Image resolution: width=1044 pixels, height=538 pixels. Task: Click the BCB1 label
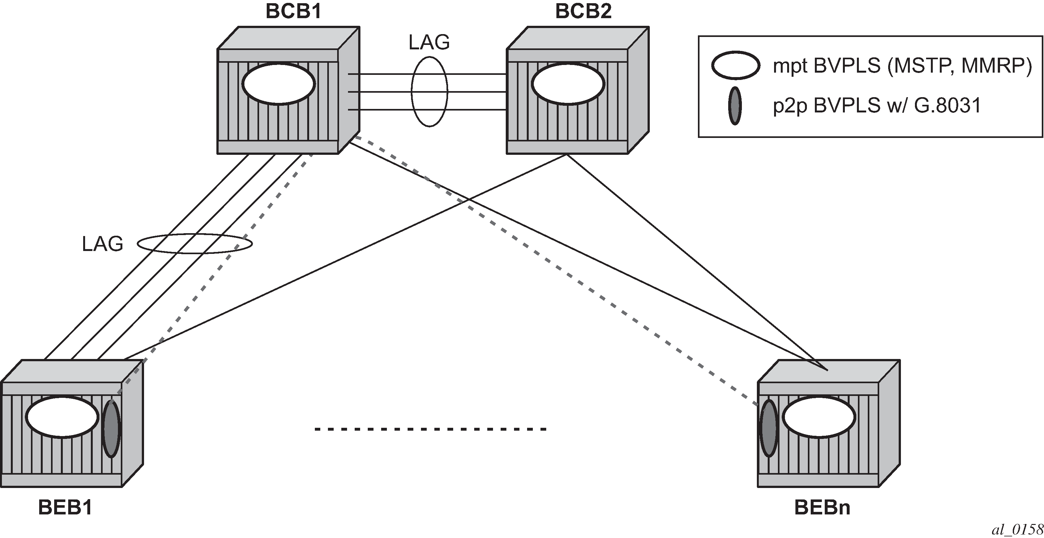click(x=294, y=11)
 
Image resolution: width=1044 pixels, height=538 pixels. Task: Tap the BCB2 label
click(x=583, y=11)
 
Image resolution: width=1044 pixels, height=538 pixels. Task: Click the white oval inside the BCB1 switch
click(x=279, y=84)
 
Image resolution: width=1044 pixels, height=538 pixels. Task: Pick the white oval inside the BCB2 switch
click(x=568, y=84)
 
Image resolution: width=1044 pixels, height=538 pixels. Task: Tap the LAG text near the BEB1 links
click(x=103, y=244)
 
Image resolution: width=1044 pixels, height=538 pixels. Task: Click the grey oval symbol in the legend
click(x=735, y=105)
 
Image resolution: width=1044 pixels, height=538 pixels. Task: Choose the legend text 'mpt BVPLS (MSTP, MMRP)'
click(x=902, y=66)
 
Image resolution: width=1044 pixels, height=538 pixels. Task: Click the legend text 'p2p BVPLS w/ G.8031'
click(x=877, y=106)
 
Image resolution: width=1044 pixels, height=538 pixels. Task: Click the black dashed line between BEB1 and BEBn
click(x=431, y=429)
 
